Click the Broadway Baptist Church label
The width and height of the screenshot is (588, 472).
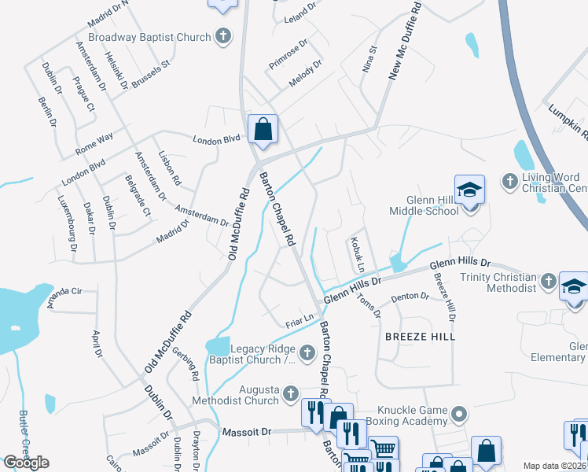(149, 37)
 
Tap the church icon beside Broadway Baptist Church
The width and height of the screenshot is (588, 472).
(223, 36)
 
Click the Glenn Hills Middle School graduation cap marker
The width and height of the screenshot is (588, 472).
(469, 191)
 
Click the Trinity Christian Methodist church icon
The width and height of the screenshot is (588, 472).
(547, 282)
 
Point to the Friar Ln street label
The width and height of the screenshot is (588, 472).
(300, 319)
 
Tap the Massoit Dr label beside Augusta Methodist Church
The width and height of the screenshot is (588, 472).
(246, 432)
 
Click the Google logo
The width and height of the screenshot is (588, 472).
(26, 462)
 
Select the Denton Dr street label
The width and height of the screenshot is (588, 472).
(411, 297)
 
